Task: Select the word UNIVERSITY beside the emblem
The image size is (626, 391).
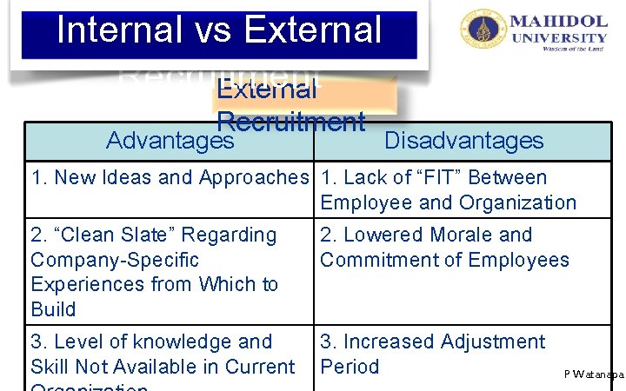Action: point(559,37)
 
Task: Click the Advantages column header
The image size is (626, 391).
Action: point(170,141)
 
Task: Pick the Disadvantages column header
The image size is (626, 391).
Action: point(463,141)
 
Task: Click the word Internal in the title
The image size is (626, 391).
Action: point(116,30)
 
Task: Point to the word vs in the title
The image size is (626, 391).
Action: point(216,30)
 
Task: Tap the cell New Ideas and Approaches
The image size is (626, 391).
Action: point(170,178)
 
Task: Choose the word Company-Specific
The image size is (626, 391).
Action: point(115,260)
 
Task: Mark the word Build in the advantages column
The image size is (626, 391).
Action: point(53,309)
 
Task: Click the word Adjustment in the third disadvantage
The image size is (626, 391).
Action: point(493,342)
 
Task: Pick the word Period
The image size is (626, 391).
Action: point(350,367)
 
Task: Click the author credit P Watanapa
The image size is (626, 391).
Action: point(594,374)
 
